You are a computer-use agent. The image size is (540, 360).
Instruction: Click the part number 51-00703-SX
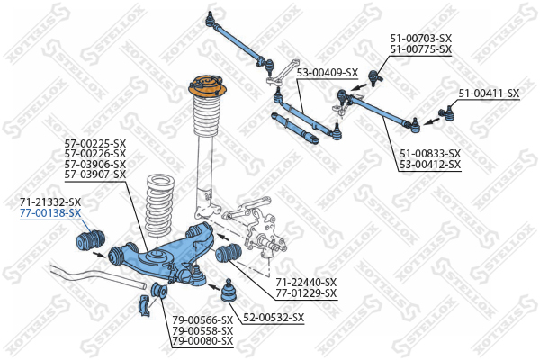[420, 39]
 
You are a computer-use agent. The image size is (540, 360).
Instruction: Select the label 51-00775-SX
[420, 50]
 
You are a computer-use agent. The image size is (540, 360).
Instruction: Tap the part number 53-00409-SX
[328, 73]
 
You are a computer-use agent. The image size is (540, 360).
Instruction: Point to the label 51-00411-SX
[489, 93]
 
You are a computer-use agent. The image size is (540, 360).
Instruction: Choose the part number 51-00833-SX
[430, 154]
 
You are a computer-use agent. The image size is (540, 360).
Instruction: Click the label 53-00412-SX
[430, 165]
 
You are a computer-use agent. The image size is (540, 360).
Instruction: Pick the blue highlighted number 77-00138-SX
[50, 213]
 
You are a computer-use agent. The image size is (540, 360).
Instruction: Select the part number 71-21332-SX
[50, 202]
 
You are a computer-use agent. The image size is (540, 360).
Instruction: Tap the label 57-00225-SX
[95, 142]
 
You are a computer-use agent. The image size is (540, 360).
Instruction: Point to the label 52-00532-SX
[274, 318]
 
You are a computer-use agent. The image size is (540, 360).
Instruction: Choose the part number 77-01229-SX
[306, 293]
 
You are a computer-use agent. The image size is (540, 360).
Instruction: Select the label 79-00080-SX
[202, 342]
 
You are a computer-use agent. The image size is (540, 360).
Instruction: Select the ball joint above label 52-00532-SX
[229, 292]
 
